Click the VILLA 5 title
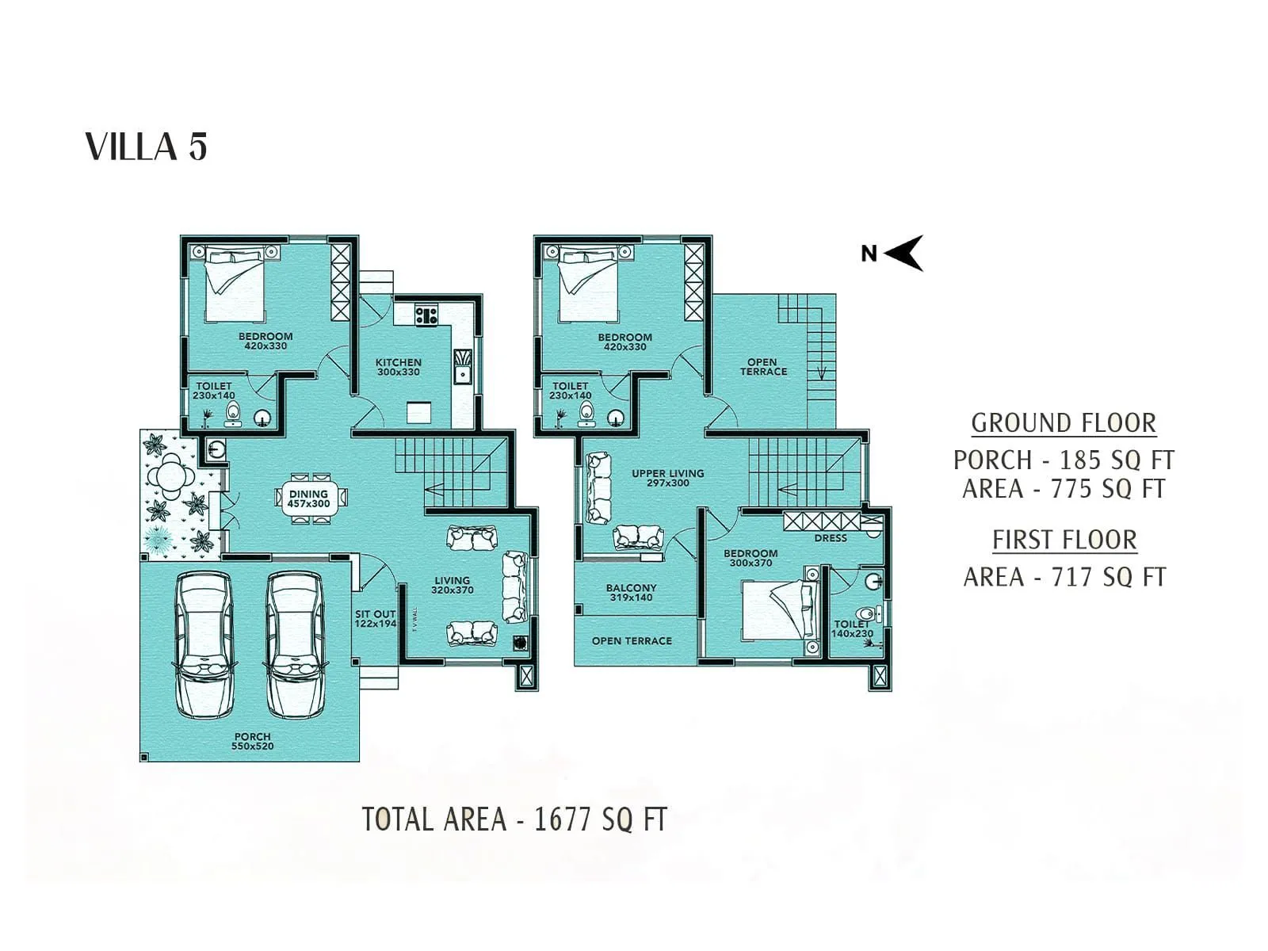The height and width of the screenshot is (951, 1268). tap(146, 147)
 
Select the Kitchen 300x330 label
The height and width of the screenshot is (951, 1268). tap(398, 367)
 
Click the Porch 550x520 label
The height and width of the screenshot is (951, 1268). tap(252, 741)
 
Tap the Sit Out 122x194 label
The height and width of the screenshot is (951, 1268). tap(375, 619)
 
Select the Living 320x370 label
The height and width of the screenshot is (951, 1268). tap(452, 585)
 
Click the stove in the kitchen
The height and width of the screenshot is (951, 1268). tap(426, 315)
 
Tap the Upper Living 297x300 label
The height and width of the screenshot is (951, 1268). tap(667, 478)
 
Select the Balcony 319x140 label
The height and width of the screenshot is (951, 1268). tap(631, 593)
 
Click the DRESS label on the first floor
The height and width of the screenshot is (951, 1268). tap(831, 538)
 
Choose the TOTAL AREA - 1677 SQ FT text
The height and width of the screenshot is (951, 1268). tap(514, 819)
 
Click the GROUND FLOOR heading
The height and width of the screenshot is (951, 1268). tap(1064, 423)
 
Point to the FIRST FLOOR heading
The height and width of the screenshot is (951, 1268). tap(1064, 540)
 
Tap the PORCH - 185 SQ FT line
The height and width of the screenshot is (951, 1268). tap(1064, 460)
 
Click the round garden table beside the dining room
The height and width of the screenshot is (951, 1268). tap(170, 477)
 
